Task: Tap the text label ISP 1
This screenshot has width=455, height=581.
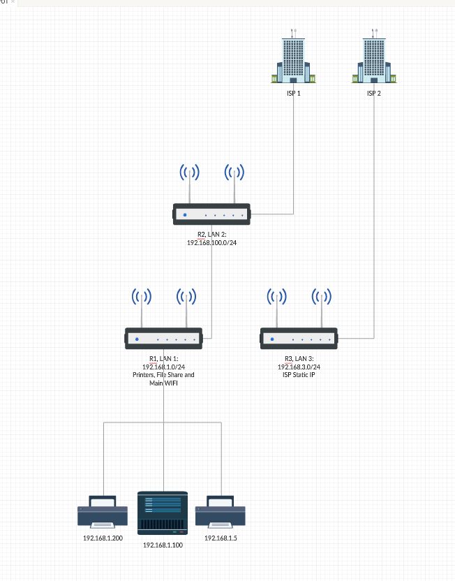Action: point(293,93)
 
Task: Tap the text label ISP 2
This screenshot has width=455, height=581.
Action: point(374,93)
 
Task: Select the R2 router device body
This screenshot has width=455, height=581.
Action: point(212,214)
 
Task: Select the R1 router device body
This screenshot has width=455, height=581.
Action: point(164,339)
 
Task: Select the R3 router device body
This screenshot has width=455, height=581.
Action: point(299,339)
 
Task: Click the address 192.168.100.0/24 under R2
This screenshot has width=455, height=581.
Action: point(212,242)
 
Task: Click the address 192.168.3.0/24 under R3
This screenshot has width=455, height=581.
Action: point(299,367)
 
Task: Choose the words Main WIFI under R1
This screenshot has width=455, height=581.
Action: point(164,383)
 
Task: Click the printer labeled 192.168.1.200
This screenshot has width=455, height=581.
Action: point(103,513)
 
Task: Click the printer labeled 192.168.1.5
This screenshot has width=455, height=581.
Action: point(221,513)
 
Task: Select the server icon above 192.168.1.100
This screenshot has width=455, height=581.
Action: point(163,513)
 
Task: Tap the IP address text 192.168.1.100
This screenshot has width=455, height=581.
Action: point(163,545)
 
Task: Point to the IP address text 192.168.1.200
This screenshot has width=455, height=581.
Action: point(103,538)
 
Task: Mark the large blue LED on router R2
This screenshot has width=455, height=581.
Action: point(185,214)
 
